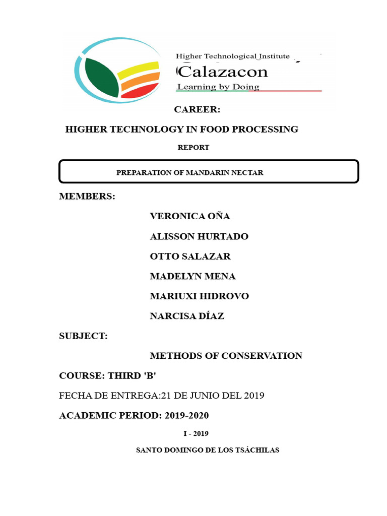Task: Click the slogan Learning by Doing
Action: (218, 87)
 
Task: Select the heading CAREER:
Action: (197, 109)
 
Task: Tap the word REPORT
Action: (193, 148)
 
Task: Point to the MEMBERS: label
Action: (87, 196)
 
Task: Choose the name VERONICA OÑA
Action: (190, 216)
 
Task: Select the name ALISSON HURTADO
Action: (199, 236)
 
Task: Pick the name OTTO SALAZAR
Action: (190, 256)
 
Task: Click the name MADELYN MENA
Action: (192, 276)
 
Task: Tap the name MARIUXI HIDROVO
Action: (199, 296)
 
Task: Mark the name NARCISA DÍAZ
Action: (187, 316)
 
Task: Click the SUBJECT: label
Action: (84, 336)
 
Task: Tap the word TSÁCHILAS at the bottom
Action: (257, 450)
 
